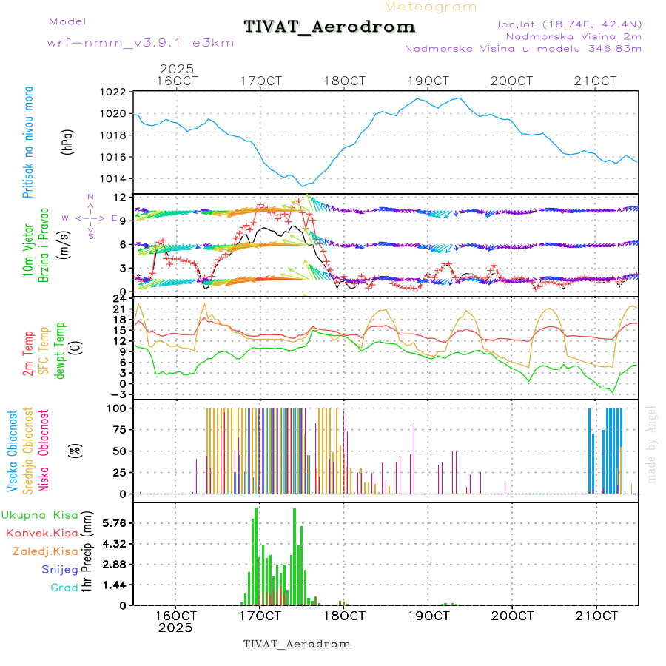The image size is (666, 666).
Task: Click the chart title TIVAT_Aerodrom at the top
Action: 329,27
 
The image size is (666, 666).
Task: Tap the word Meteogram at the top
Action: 431,7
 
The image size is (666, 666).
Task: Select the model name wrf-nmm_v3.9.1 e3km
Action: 141,43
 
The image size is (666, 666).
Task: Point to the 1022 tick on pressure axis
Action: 114,92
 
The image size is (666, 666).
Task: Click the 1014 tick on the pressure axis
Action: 114,179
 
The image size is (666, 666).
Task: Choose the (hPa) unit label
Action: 68,141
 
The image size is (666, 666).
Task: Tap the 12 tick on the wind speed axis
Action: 118,198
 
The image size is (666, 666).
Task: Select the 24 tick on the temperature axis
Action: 119,298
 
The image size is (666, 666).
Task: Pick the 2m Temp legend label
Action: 28,354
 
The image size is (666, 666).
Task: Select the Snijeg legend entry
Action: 59,570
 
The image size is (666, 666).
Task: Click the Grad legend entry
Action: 64,588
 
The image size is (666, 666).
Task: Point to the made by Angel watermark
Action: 651,444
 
